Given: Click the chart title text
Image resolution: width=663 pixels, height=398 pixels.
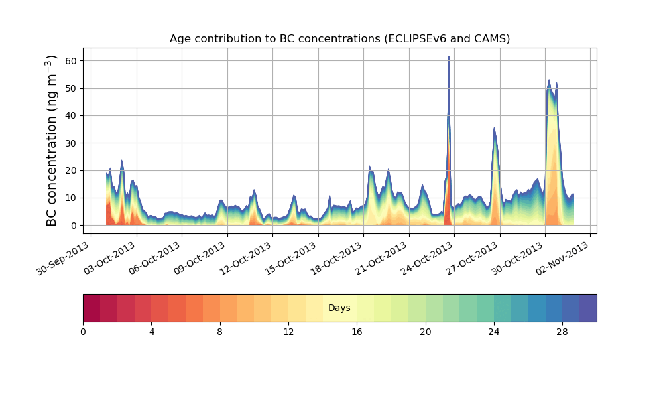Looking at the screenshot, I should (x=339, y=38).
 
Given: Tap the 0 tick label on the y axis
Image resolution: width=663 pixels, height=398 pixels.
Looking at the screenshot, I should (x=74, y=226).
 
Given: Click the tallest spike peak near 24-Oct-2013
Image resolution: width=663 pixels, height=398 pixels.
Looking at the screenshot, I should (x=449, y=58).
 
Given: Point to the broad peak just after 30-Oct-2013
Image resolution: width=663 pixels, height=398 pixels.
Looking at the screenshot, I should (x=549, y=80).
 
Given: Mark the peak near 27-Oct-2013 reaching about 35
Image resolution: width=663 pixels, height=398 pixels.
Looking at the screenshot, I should (x=494, y=128).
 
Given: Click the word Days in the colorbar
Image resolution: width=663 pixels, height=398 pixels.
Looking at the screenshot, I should (x=339, y=308).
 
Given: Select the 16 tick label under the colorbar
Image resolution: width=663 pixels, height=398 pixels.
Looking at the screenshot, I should (x=357, y=332).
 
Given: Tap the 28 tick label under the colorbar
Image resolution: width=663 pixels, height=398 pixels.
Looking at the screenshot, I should (x=562, y=332).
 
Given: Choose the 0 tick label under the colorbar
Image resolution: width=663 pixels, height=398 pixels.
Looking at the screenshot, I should (x=83, y=332).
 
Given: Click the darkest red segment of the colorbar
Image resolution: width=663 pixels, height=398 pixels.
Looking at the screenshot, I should (x=91, y=308).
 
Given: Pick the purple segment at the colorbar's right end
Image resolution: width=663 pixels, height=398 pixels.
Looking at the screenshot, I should (x=588, y=308).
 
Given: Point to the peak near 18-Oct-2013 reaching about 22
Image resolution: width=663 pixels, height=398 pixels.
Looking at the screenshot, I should (x=369, y=166).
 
